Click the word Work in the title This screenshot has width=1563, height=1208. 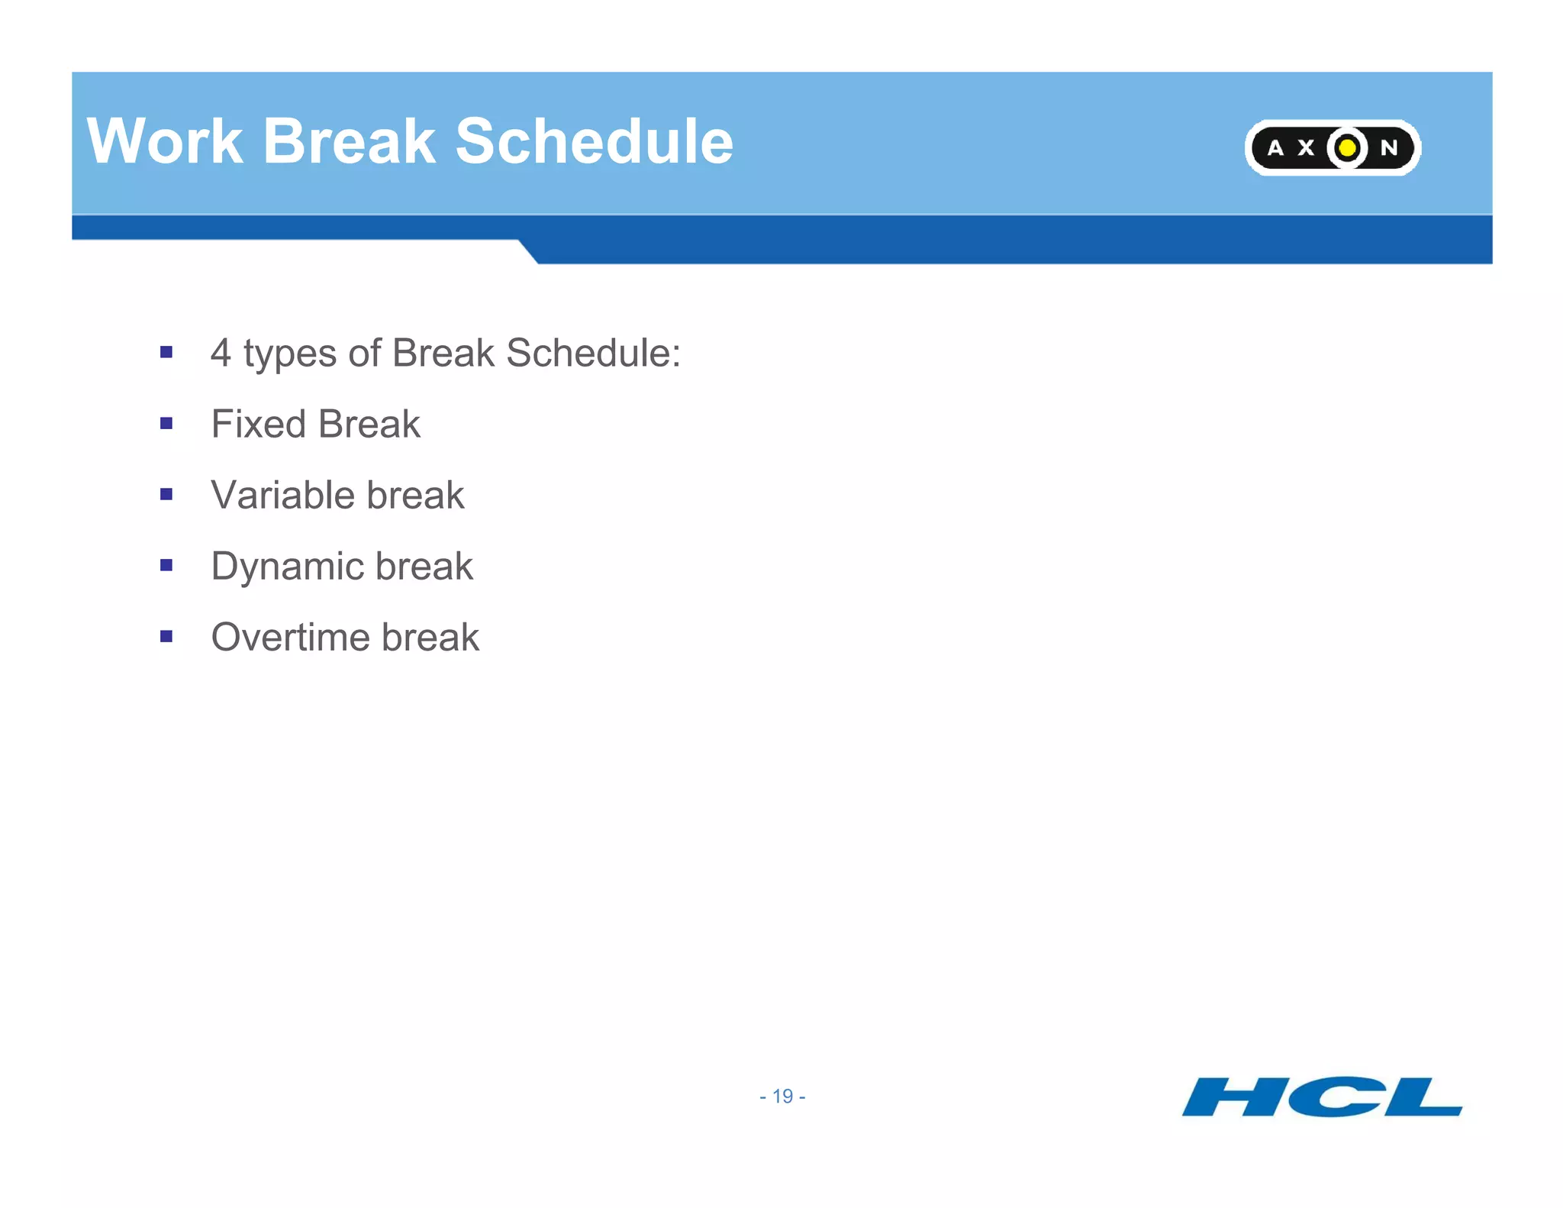(x=165, y=142)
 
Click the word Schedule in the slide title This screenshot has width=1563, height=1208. (x=594, y=142)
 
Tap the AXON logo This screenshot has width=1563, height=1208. (x=1333, y=147)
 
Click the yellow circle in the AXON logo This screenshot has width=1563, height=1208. (x=1348, y=147)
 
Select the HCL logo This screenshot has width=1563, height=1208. (x=1322, y=1097)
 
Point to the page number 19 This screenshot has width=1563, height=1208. (x=782, y=1097)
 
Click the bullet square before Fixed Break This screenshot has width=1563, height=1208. (x=166, y=423)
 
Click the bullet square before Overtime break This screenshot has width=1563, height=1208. (x=166, y=636)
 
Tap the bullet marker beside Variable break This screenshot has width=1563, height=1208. (x=166, y=494)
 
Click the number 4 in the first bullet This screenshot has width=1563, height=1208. (x=221, y=354)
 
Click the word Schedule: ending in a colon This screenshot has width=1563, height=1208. (x=593, y=354)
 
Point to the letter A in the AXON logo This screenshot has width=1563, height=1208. (x=1275, y=148)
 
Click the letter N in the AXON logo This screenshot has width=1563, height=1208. (x=1388, y=148)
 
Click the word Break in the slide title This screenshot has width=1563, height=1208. (x=349, y=142)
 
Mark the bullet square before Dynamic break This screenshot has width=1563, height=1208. (x=166, y=565)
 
